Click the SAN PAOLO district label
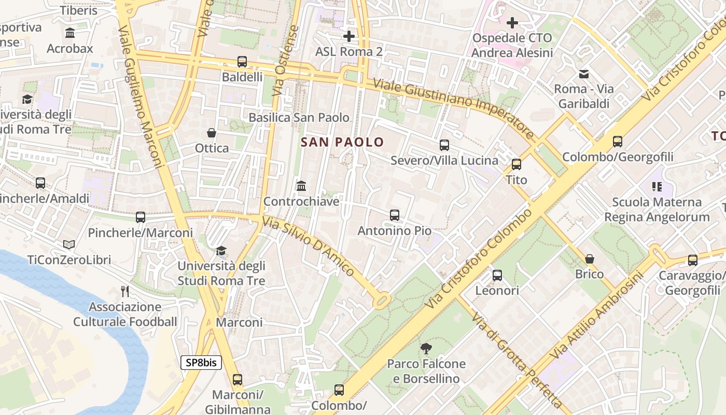point(342,142)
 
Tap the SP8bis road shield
point(201,363)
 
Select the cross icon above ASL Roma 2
point(349,36)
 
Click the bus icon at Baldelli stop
point(242,62)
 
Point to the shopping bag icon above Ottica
point(212,133)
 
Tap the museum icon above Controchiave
point(301,186)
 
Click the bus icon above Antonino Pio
point(395,215)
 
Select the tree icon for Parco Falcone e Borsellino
point(426,349)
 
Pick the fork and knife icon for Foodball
point(124,291)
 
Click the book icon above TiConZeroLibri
point(69,244)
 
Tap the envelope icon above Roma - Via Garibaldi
point(584,74)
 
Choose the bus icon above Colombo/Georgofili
point(618,142)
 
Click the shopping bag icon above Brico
point(590,258)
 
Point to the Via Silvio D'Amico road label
point(309,246)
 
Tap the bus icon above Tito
point(516,164)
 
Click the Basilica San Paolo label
point(299,118)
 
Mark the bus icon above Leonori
point(497,275)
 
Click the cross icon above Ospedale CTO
point(512,23)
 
